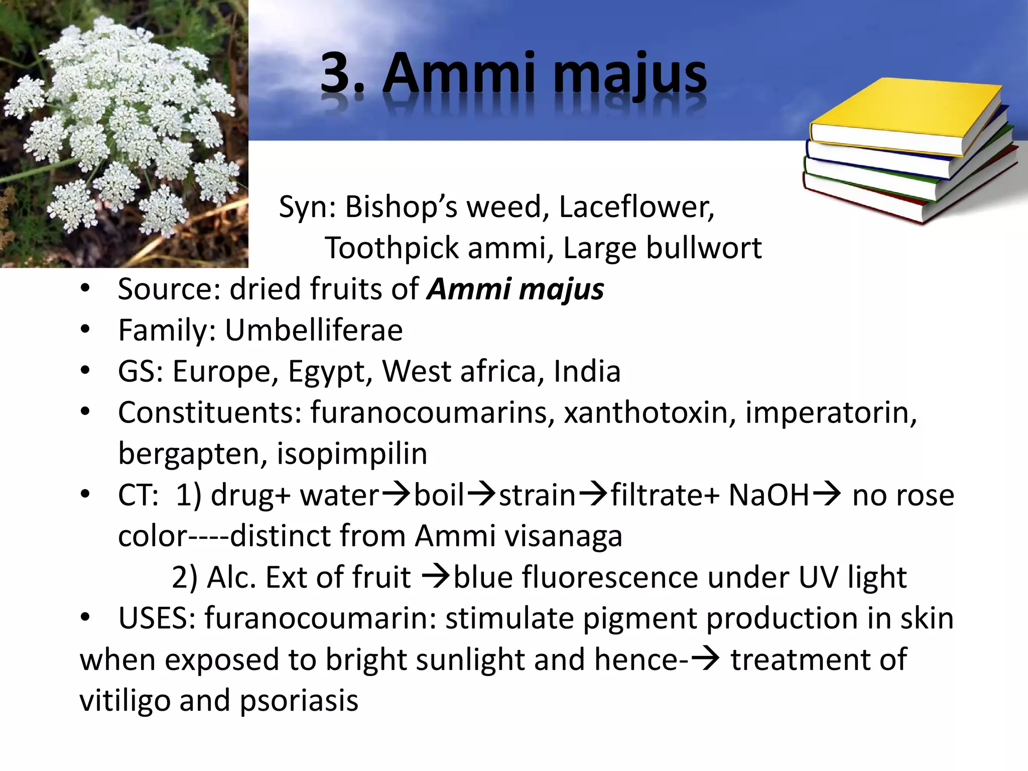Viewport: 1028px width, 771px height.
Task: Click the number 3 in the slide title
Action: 335,74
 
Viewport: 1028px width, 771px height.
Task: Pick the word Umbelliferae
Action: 313,331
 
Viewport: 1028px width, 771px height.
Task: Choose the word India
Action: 587,371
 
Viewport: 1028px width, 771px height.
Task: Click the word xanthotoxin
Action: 646,413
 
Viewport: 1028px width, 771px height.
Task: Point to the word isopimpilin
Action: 352,454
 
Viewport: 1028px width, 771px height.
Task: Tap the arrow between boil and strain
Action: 481,494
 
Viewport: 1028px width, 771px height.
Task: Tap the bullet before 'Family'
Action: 85,331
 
